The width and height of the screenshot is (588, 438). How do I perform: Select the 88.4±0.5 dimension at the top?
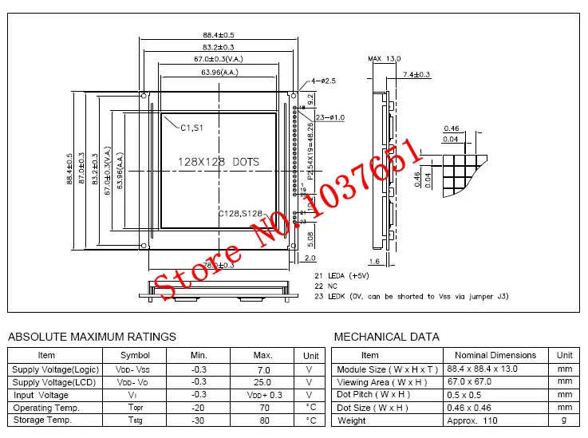click(218, 35)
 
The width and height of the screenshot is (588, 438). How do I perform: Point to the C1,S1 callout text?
click(191, 127)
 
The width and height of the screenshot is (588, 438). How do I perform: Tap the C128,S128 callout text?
click(240, 213)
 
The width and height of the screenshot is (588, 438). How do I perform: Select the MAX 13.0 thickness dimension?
click(385, 59)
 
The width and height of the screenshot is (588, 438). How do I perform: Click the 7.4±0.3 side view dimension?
click(416, 74)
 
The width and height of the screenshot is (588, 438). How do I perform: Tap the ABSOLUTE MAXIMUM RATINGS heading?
click(92, 337)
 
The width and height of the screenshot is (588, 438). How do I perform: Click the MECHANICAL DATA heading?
click(386, 337)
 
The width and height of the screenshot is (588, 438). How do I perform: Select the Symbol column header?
click(135, 355)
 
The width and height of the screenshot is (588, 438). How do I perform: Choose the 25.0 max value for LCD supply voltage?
click(262, 382)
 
